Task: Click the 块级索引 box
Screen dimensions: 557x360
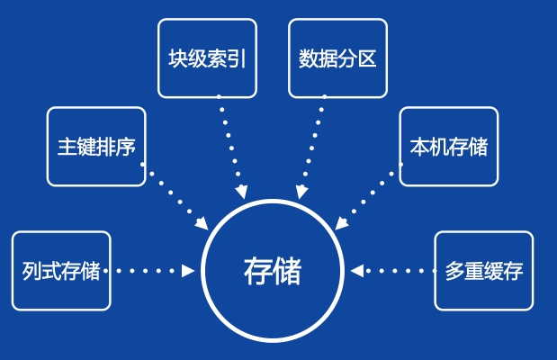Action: tap(207, 58)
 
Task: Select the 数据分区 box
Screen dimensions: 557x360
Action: tap(337, 58)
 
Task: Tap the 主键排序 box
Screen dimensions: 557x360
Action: tap(96, 147)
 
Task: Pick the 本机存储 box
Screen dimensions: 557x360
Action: tap(448, 147)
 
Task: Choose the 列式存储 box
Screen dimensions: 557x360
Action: tap(61, 271)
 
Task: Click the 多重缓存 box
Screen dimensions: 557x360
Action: tap(484, 271)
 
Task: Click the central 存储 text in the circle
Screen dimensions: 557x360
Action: tap(273, 271)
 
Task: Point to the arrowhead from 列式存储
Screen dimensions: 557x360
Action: tap(189, 270)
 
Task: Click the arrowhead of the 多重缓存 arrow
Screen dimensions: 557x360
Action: tap(357, 270)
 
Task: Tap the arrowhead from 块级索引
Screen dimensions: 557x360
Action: tap(240, 192)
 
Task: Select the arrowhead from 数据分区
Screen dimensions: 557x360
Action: tap(302, 192)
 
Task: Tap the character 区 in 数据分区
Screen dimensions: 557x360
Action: tap(366, 59)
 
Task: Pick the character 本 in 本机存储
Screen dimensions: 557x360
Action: tap(419, 147)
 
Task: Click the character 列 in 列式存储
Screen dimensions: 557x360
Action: tap(32, 271)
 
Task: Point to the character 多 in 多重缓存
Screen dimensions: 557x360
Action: tap(454, 271)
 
